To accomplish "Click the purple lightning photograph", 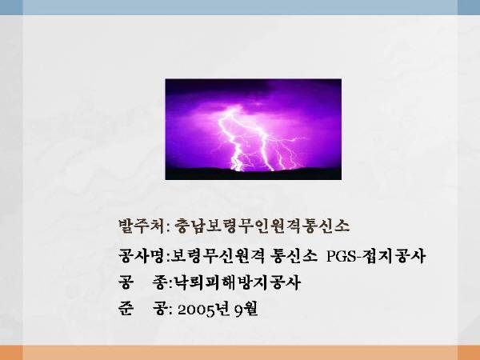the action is pyautogui.click(x=253, y=129).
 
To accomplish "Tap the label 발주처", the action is pyautogui.click(x=142, y=226).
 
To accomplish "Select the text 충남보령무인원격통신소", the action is pyautogui.click(x=262, y=226).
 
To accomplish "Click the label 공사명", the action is pyautogui.click(x=142, y=256).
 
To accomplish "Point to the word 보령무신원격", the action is pyautogui.click(x=217, y=256).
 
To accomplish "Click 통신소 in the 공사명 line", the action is pyautogui.click(x=294, y=256).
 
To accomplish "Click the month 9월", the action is pyautogui.click(x=246, y=309).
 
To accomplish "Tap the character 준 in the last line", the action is pyautogui.click(x=126, y=309).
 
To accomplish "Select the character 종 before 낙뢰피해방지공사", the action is pyautogui.click(x=160, y=282).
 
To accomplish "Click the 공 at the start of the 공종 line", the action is pyautogui.click(x=126, y=282).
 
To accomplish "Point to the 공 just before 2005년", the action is pyautogui.click(x=160, y=309).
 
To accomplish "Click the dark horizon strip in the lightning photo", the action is pyautogui.click(x=253, y=174).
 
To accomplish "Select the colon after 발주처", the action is pyautogui.click(x=169, y=228).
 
